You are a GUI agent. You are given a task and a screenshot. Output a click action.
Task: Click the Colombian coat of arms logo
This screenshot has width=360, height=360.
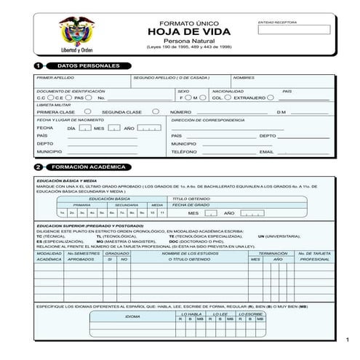pyautogui.click(x=76, y=33)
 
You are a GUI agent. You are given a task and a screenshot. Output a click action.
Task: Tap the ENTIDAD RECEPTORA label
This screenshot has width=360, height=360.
pyautogui.click(x=277, y=23)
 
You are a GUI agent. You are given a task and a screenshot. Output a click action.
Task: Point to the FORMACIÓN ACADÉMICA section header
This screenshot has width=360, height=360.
pyautogui.click(x=89, y=167)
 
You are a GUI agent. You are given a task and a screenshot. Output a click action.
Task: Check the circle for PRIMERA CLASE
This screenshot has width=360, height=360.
pyautogui.click(x=87, y=111)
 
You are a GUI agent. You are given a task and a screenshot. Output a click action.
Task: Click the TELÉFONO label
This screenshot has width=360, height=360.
pyautogui.click(x=184, y=152)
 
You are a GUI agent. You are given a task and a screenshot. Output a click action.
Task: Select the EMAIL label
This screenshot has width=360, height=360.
pyautogui.click(x=266, y=152)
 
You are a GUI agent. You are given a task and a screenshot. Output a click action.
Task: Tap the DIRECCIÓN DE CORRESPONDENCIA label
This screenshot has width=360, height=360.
pyautogui.click(x=203, y=119)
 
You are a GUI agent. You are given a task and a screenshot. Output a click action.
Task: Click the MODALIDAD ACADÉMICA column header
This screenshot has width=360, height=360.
pyautogui.click(x=49, y=256)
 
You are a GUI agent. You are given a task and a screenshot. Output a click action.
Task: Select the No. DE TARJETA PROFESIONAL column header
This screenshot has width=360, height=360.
pyautogui.click(x=314, y=256)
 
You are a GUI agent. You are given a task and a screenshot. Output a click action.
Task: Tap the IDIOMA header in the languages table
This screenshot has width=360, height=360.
pyautogui.click(x=133, y=316)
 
